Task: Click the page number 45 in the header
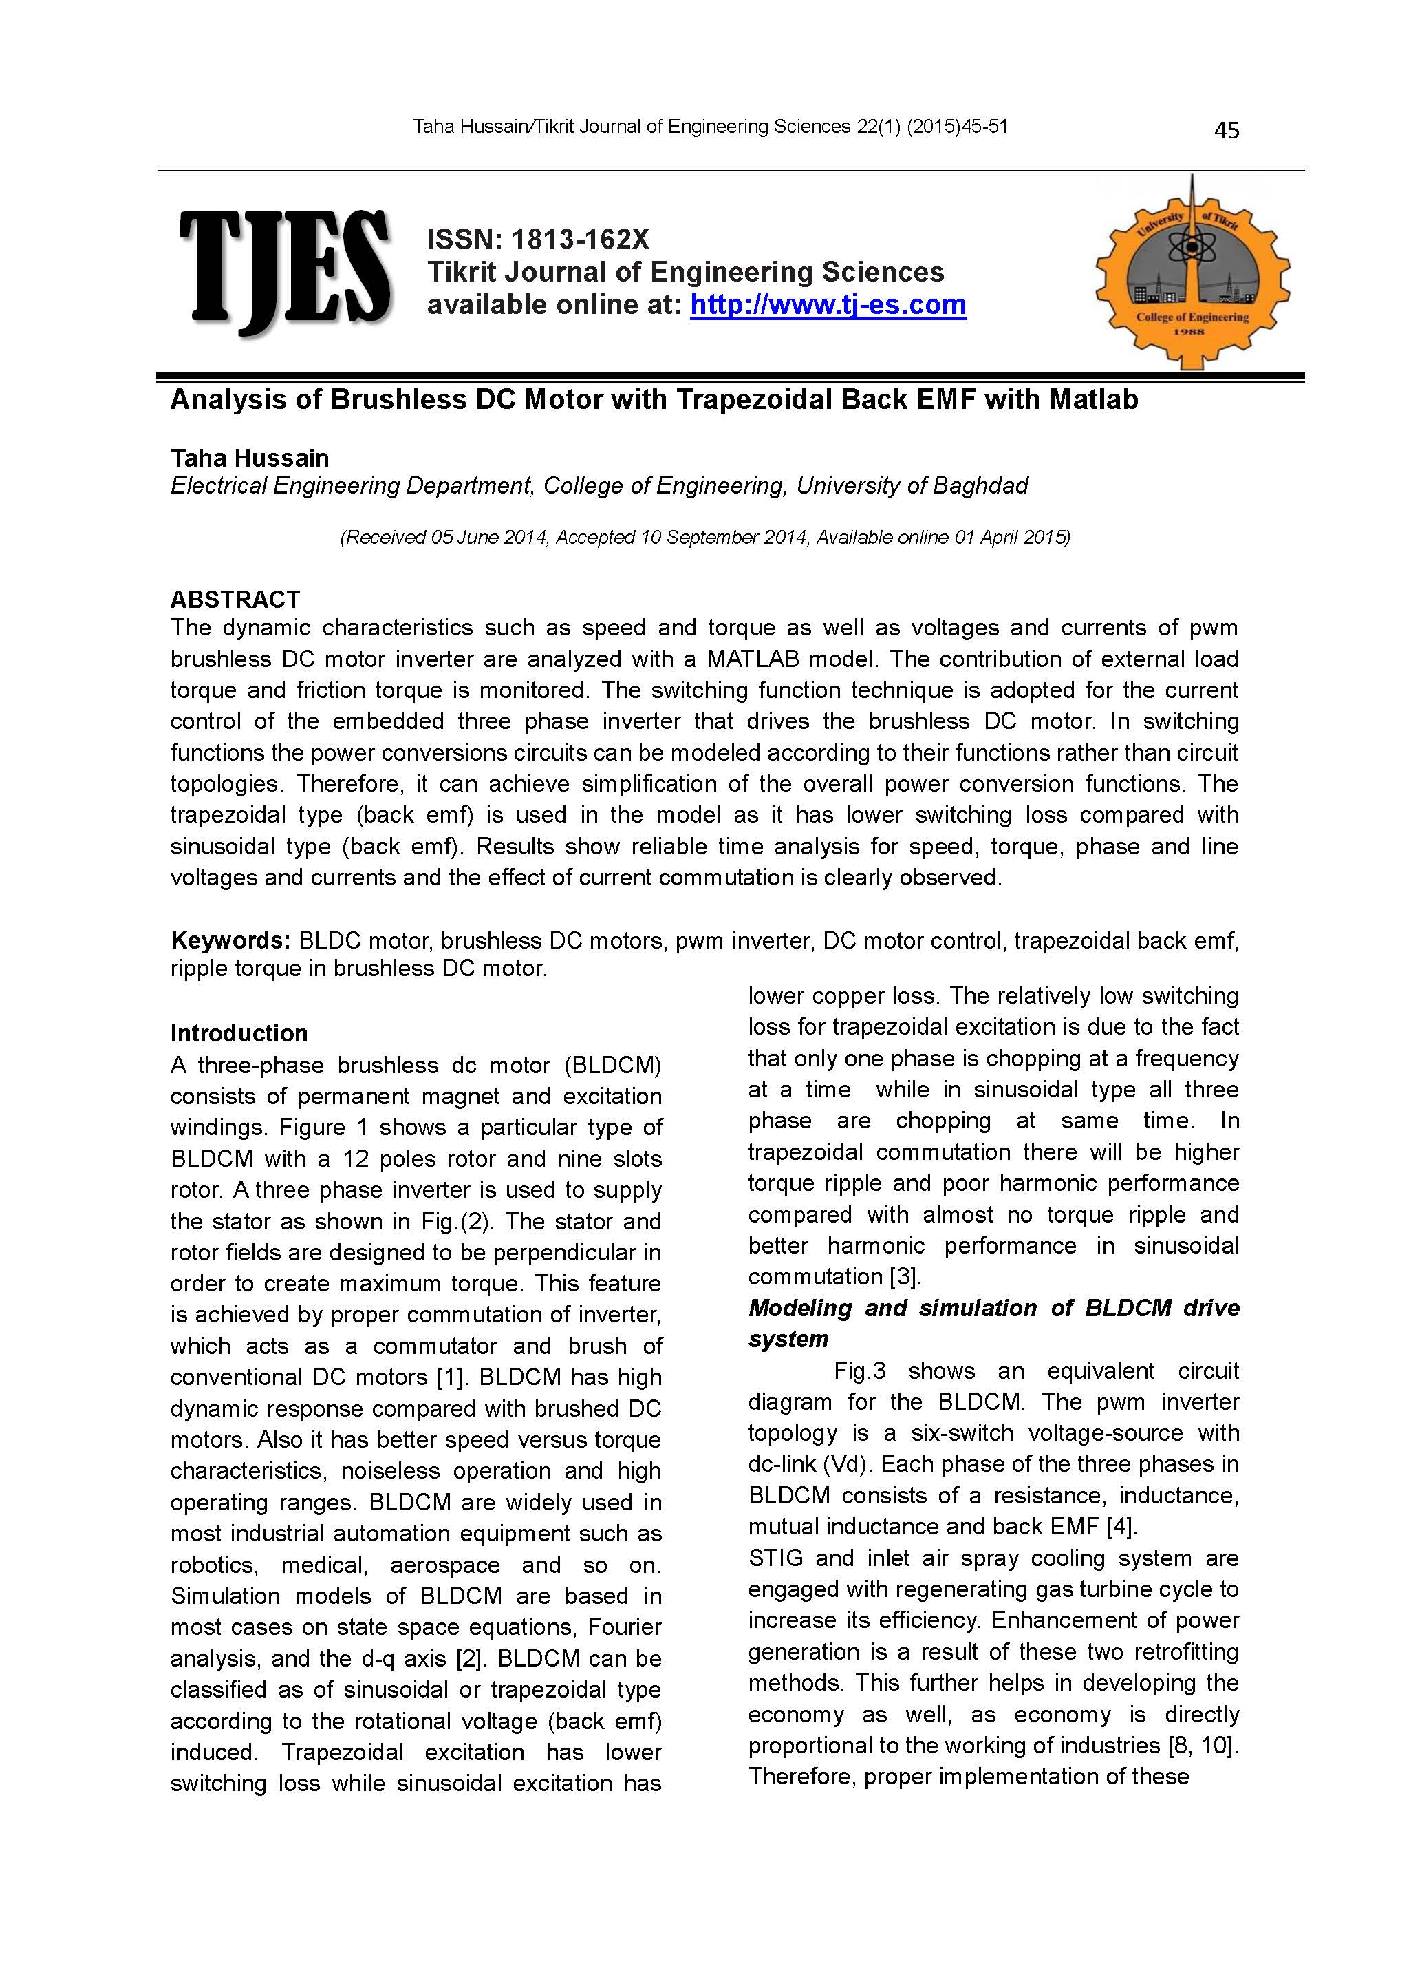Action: [1226, 131]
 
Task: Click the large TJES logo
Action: [284, 271]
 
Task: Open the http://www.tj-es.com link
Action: [828, 305]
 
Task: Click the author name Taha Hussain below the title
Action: [249, 458]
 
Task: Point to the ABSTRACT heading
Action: [235, 600]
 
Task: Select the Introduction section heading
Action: [239, 1033]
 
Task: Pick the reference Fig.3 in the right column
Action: [859, 1371]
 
